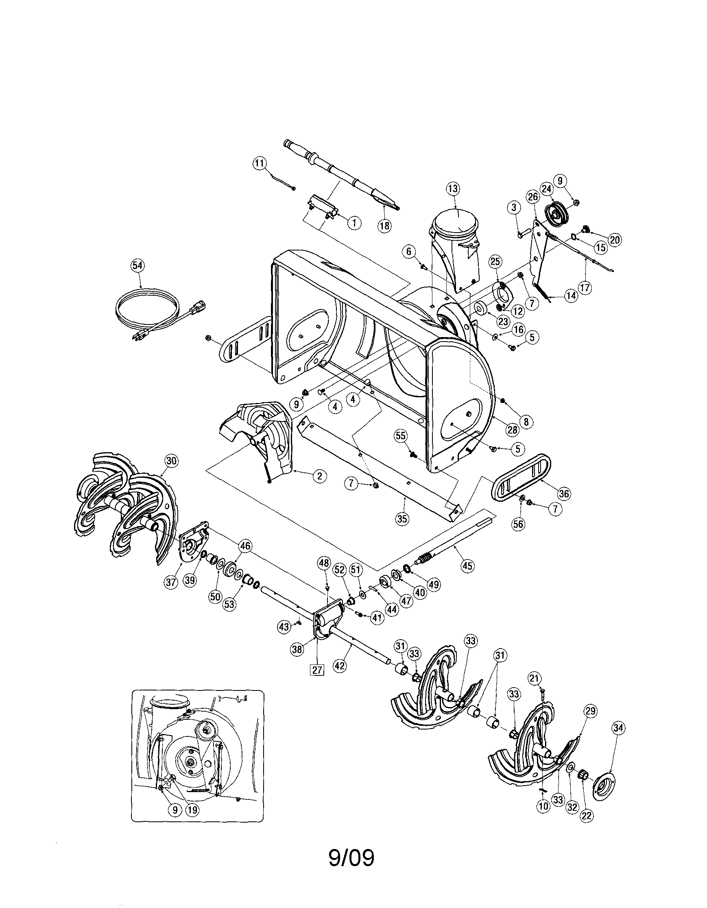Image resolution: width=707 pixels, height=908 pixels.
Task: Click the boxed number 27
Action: tap(317, 670)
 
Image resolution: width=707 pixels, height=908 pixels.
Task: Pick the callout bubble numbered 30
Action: tap(171, 460)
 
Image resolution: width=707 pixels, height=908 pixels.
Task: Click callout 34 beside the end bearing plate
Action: tap(618, 727)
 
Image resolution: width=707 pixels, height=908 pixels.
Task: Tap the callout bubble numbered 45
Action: tap(468, 566)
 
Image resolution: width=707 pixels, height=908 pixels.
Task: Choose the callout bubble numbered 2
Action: tap(319, 476)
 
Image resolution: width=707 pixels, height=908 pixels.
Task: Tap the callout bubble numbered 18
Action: tap(385, 226)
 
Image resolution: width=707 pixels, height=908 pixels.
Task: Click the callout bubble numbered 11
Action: tap(260, 163)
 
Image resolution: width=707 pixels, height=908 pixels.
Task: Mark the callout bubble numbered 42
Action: tap(340, 665)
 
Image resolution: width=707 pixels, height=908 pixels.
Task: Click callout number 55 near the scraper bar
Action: tap(400, 436)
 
